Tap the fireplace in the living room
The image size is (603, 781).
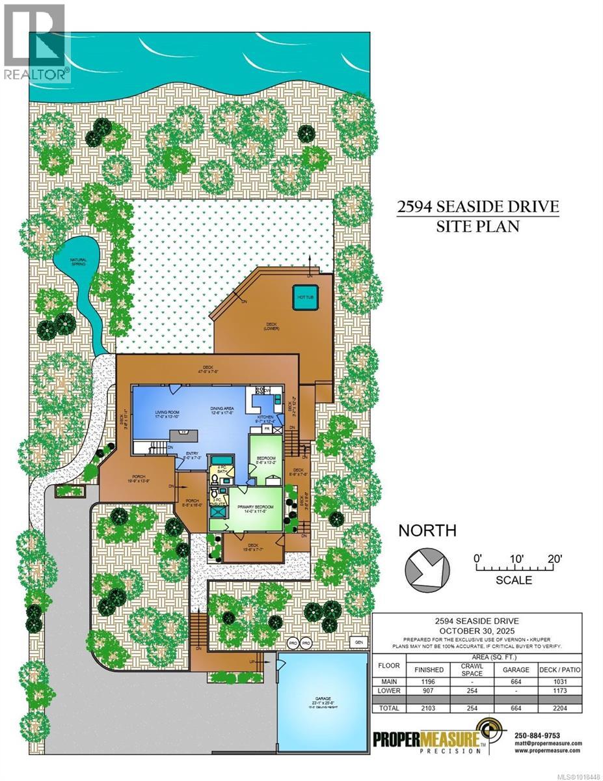[x=183, y=432]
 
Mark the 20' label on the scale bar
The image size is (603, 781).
[x=554, y=558]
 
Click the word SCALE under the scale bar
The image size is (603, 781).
[x=514, y=581]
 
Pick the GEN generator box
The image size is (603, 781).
[x=356, y=641]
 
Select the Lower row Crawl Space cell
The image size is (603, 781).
[x=471, y=691]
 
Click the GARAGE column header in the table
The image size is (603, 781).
[x=514, y=669]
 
